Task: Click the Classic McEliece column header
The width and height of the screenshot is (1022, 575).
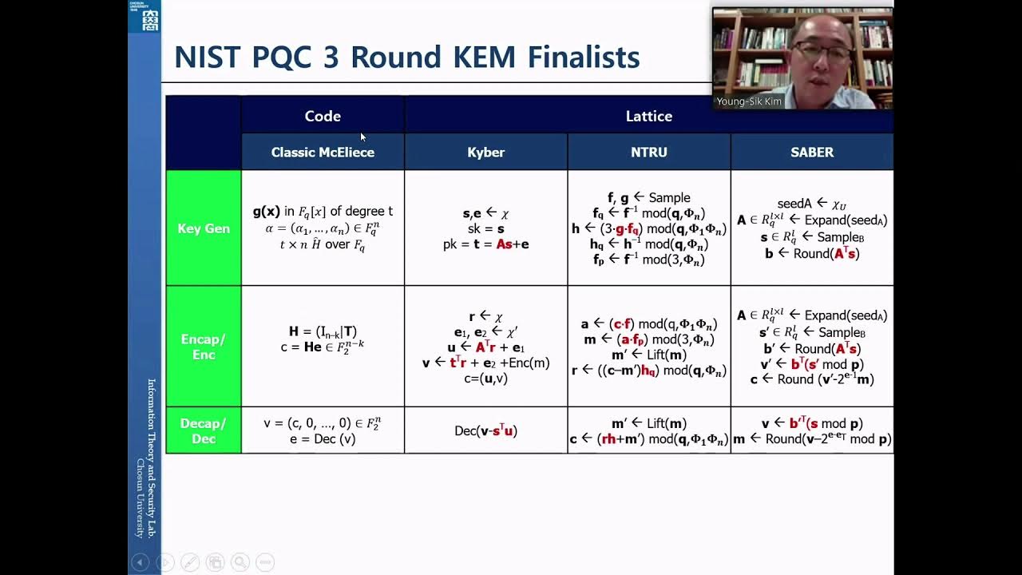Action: [x=323, y=152]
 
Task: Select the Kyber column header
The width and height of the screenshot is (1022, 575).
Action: [x=485, y=152]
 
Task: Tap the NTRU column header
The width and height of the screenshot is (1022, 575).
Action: [x=648, y=152]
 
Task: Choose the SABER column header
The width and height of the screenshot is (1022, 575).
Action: [x=811, y=152]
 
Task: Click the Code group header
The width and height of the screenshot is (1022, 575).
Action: [x=323, y=116]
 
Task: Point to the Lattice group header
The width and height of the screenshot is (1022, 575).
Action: [x=648, y=116]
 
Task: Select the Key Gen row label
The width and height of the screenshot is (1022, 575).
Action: [x=204, y=228]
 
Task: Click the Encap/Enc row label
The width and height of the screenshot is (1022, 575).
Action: [x=204, y=347]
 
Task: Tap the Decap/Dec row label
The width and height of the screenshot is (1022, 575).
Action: [x=204, y=430]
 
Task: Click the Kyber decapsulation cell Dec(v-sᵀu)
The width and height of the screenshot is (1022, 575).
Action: [x=485, y=431]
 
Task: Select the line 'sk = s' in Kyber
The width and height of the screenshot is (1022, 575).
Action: [x=485, y=228]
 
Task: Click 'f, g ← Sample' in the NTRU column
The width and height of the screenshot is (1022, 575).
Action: [x=648, y=197]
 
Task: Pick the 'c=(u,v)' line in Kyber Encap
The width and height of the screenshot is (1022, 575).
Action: [x=485, y=379]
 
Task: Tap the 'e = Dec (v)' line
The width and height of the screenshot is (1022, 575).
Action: [x=323, y=438]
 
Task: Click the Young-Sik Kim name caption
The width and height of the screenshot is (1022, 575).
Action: [x=749, y=101]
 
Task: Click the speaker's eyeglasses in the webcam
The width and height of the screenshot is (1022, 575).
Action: [x=822, y=54]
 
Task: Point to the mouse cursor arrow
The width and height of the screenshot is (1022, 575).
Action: [x=362, y=137]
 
